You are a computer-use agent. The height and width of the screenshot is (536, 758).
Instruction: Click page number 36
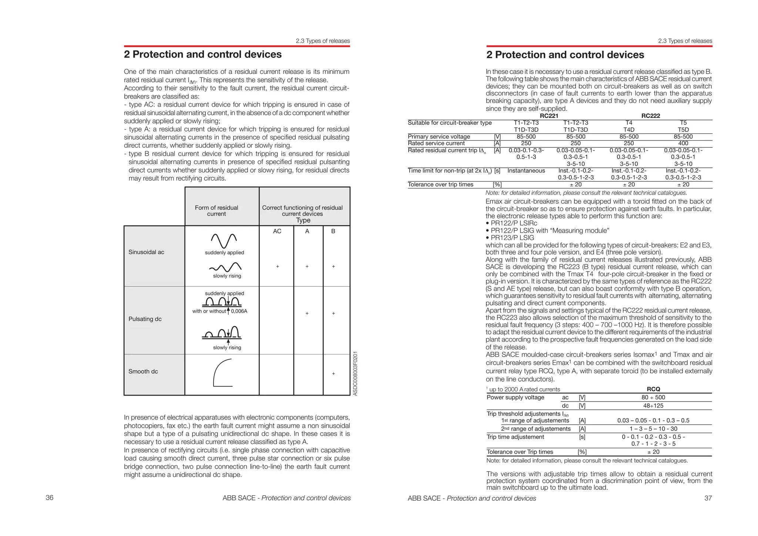49,497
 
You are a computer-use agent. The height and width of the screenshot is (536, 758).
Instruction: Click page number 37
708,498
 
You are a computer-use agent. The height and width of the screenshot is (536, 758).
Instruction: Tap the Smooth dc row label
143,372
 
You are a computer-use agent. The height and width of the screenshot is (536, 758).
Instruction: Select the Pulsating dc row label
145,319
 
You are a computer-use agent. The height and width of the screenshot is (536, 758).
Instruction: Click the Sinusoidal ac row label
146,252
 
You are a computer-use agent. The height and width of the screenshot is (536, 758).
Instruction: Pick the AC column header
277,231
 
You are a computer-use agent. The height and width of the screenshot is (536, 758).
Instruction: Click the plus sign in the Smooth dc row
333,373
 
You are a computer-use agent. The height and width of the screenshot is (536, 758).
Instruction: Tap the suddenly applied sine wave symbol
224,241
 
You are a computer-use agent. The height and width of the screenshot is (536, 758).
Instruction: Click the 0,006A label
239,311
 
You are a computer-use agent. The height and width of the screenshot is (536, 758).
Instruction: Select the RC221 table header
549,116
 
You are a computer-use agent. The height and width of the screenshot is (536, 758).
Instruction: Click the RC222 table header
650,116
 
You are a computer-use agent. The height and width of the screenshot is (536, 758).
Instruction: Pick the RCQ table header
653,389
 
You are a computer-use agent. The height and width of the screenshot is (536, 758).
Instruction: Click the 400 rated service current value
683,143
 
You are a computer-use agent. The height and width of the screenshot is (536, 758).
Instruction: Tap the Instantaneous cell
526,171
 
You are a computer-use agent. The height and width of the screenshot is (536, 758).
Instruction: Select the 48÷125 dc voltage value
653,406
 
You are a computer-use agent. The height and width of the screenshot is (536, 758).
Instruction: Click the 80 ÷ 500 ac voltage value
653,397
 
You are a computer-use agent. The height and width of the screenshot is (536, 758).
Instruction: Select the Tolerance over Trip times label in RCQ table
520,452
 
